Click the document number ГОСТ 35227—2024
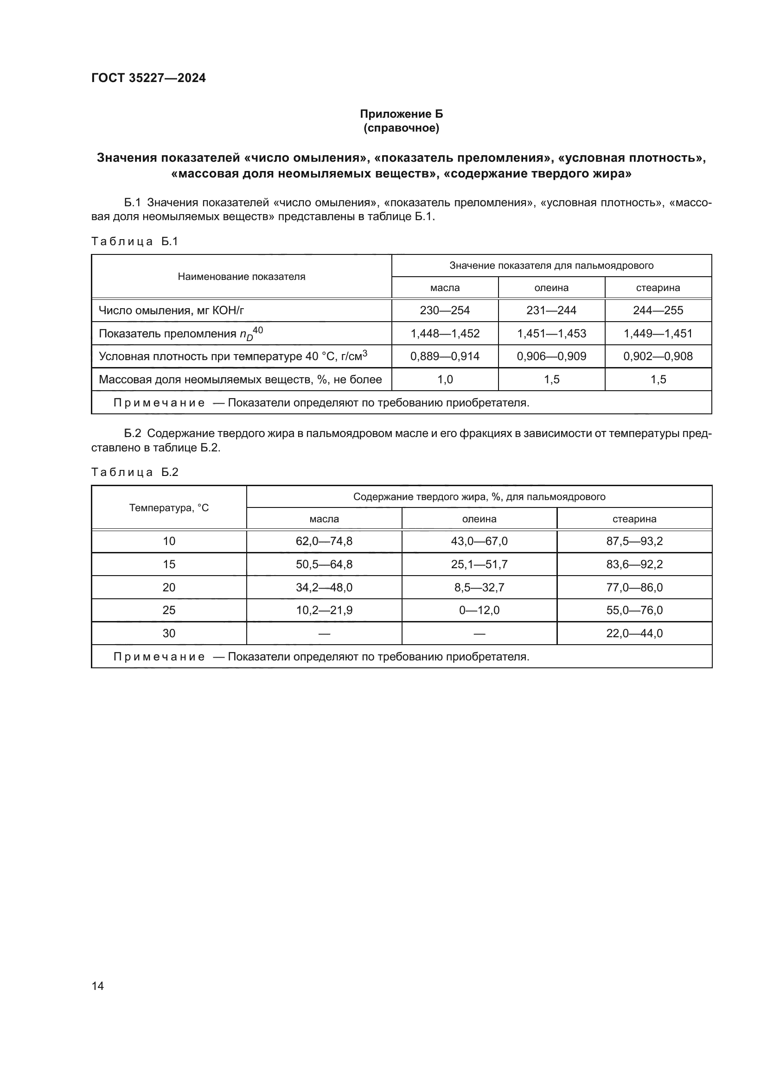click(148, 78)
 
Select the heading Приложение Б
click(401, 114)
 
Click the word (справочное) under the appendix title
click(401, 128)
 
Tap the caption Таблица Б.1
click(134, 241)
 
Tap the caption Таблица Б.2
click(134, 472)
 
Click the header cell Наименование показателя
click(241, 277)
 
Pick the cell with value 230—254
click(444, 311)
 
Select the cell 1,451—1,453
click(551, 334)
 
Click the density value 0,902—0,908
click(658, 356)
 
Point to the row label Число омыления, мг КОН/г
click(171, 311)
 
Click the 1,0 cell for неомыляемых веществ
click(444, 380)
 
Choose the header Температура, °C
click(169, 508)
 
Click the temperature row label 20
click(169, 587)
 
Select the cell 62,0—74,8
click(324, 541)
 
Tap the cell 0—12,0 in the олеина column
click(479, 610)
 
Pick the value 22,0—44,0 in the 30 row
click(634, 633)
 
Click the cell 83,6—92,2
click(634, 564)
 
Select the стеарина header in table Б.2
click(634, 519)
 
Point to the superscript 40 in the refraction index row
click(258, 330)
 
